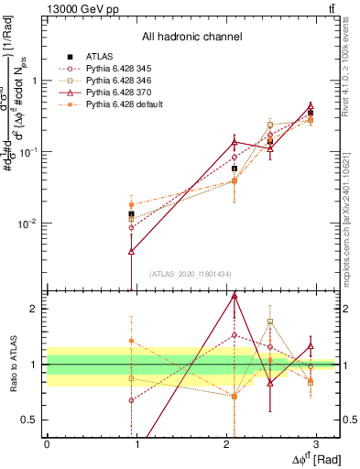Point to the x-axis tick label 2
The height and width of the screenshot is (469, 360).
(x=225, y=443)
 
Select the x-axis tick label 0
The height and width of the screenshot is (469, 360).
(x=47, y=443)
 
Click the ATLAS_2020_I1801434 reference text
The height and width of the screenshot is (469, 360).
(x=191, y=274)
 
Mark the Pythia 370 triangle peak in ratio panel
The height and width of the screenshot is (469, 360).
(x=235, y=296)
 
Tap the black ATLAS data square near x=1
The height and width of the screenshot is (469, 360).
(x=132, y=214)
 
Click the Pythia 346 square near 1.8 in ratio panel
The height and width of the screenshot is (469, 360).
(x=270, y=322)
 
